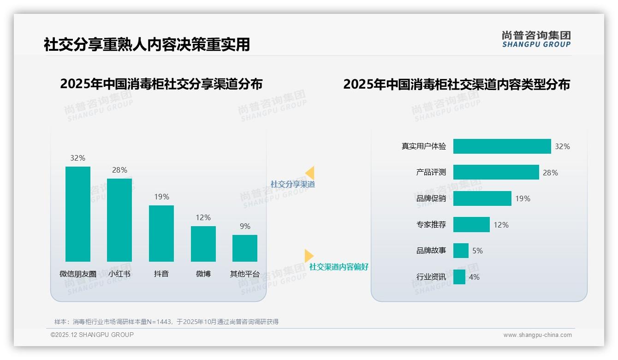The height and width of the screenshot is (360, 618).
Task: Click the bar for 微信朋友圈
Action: point(78,214)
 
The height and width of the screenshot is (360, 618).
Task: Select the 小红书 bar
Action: point(119,220)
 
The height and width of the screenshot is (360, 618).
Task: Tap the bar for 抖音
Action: point(161,234)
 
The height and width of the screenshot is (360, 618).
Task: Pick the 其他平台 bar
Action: point(245,248)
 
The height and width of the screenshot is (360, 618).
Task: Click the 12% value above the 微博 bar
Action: point(203,217)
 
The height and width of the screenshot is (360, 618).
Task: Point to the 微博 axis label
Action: point(203,274)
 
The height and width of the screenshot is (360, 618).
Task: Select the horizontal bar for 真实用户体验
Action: point(502,146)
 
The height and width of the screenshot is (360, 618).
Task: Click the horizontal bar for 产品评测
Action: point(496,172)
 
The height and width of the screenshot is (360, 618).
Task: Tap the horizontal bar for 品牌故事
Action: point(461,251)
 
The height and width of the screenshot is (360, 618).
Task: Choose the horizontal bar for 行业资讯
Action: point(459,277)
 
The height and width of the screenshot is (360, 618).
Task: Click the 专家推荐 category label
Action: point(431,225)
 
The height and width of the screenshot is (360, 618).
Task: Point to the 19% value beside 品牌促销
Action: point(523,198)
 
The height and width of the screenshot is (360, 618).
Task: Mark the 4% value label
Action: point(474,277)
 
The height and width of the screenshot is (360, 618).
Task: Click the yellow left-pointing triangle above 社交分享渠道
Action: point(310,173)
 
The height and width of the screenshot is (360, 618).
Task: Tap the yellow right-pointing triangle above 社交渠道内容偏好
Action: point(309,256)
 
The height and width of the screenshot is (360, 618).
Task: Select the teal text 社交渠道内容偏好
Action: point(339,267)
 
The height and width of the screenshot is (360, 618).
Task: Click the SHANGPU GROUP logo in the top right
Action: point(536,39)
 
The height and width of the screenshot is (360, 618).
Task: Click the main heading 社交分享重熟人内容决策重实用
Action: point(147,44)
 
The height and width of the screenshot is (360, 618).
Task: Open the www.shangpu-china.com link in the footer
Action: point(537,335)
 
